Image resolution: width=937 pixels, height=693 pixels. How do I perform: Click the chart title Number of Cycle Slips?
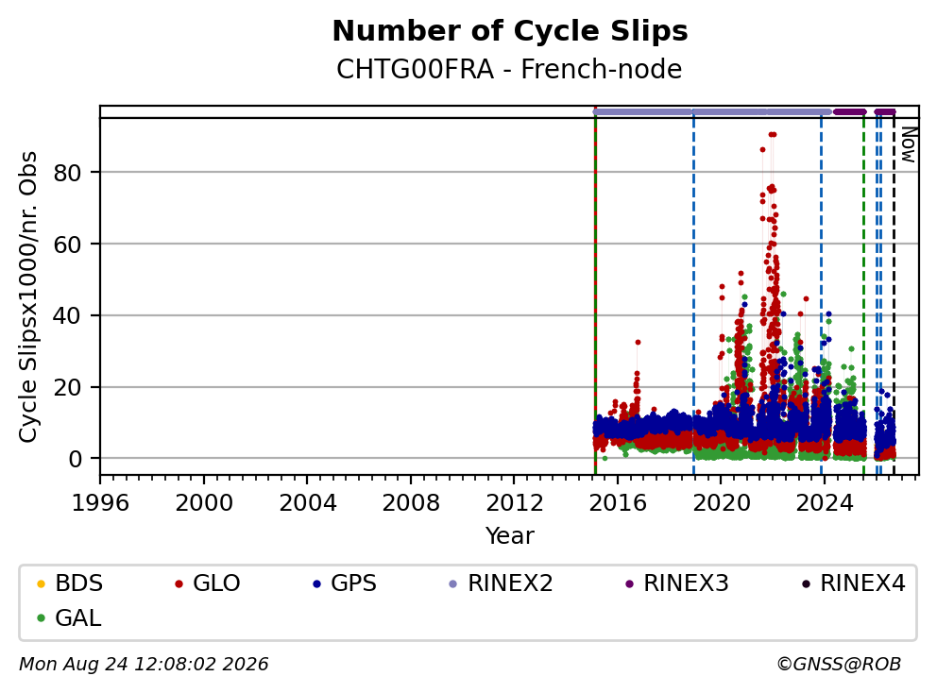tap(510, 31)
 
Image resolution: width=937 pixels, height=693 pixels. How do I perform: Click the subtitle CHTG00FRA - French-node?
tap(509, 69)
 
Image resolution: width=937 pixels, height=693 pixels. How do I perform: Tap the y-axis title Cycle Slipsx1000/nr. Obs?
tap(28, 296)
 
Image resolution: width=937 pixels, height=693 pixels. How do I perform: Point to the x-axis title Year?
tap(510, 535)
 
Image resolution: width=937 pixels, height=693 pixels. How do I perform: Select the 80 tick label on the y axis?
tap(67, 173)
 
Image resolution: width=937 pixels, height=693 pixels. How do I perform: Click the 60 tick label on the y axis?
tap(67, 245)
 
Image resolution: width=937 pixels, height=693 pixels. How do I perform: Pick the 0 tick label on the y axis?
tap(75, 459)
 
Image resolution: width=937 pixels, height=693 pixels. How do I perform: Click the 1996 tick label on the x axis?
tap(100, 503)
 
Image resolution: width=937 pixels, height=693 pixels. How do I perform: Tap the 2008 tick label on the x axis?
tap(411, 503)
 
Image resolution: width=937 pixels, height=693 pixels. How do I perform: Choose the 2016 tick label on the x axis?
tap(618, 503)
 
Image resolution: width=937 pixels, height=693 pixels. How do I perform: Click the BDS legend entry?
tap(70, 583)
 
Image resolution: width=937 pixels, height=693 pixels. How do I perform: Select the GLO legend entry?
tap(208, 583)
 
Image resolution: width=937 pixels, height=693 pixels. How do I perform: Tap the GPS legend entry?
tap(345, 583)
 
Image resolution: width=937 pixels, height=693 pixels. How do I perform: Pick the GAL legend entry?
tap(69, 617)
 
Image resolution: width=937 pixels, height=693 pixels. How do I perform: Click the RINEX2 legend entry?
tap(501, 583)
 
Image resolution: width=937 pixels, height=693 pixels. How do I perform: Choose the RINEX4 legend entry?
tap(853, 583)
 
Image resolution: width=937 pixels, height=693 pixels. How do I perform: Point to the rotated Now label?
tap(909, 144)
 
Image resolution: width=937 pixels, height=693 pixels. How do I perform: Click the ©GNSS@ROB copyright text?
tap(839, 664)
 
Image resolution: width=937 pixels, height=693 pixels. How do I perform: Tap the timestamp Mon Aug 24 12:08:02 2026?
tap(144, 664)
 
